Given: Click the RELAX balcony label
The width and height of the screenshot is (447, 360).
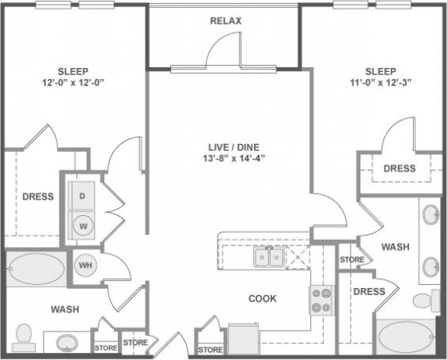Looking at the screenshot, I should (x=225, y=20).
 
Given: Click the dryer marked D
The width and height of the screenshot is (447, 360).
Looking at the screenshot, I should (x=82, y=194).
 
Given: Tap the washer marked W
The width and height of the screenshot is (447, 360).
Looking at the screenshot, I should (x=82, y=224).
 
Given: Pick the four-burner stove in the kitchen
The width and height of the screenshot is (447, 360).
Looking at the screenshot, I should (x=321, y=300).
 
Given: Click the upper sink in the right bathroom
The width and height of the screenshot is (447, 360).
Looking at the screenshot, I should (x=430, y=214).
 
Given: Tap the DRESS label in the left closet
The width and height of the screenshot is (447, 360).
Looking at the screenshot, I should (x=37, y=196).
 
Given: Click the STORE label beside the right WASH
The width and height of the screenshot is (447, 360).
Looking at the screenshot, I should (x=351, y=260).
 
